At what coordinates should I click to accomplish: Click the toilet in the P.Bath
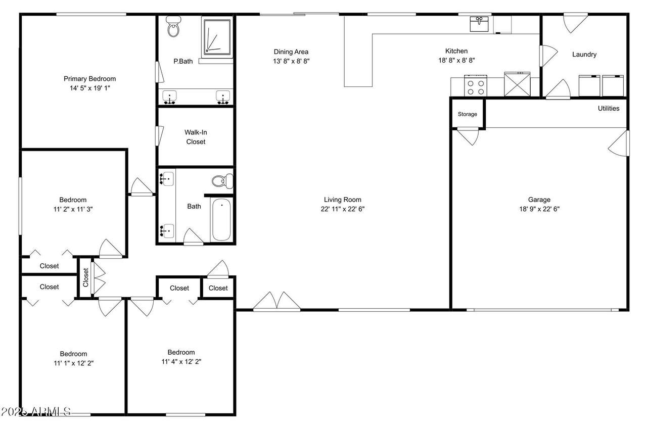(173, 27)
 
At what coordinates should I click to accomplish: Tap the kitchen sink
(479, 24)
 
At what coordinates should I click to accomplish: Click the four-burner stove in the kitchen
(476, 85)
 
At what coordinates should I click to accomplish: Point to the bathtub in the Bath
(221, 219)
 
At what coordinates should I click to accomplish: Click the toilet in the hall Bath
(222, 181)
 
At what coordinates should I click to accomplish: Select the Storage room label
(468, 114)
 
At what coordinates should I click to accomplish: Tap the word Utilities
(608, 108)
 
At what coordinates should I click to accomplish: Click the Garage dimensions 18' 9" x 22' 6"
(539, 209)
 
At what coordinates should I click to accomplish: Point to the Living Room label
(342, 200)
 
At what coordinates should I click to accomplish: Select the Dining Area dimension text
(291, 61)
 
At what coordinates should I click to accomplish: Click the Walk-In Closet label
(196, 137)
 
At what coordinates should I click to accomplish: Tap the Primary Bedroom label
(89, 79)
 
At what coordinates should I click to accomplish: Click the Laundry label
(584, 55)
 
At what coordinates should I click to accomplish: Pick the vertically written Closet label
(85, 277)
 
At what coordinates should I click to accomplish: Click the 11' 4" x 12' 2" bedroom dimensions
(181, 361)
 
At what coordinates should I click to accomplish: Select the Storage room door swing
(468, 136)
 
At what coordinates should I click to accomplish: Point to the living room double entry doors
(276, 301)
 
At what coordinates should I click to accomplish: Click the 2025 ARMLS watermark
(36, 412)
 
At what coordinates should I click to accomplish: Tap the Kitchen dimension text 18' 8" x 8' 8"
(456, 60)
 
